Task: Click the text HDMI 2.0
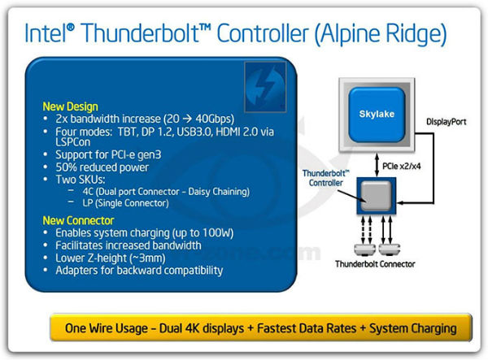pyautogui.click(x=224, y=131)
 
